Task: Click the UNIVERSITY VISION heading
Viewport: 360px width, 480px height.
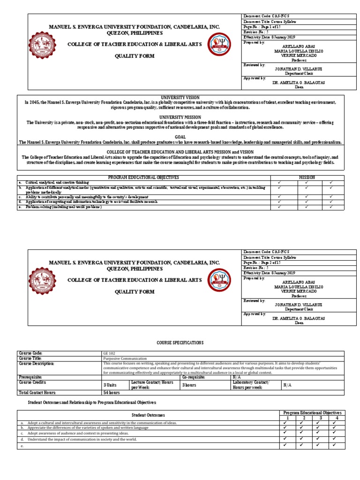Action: point(180,97)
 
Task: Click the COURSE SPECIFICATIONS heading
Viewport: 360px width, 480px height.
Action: point(180,343)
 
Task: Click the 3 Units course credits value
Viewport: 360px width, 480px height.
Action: point(110,385)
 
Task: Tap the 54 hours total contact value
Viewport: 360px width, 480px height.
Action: point(111,392)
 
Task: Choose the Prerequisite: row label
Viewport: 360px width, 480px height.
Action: point(30,377)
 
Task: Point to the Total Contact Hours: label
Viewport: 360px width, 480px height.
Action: point(37,392)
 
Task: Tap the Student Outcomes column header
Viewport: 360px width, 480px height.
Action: point(148,415)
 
